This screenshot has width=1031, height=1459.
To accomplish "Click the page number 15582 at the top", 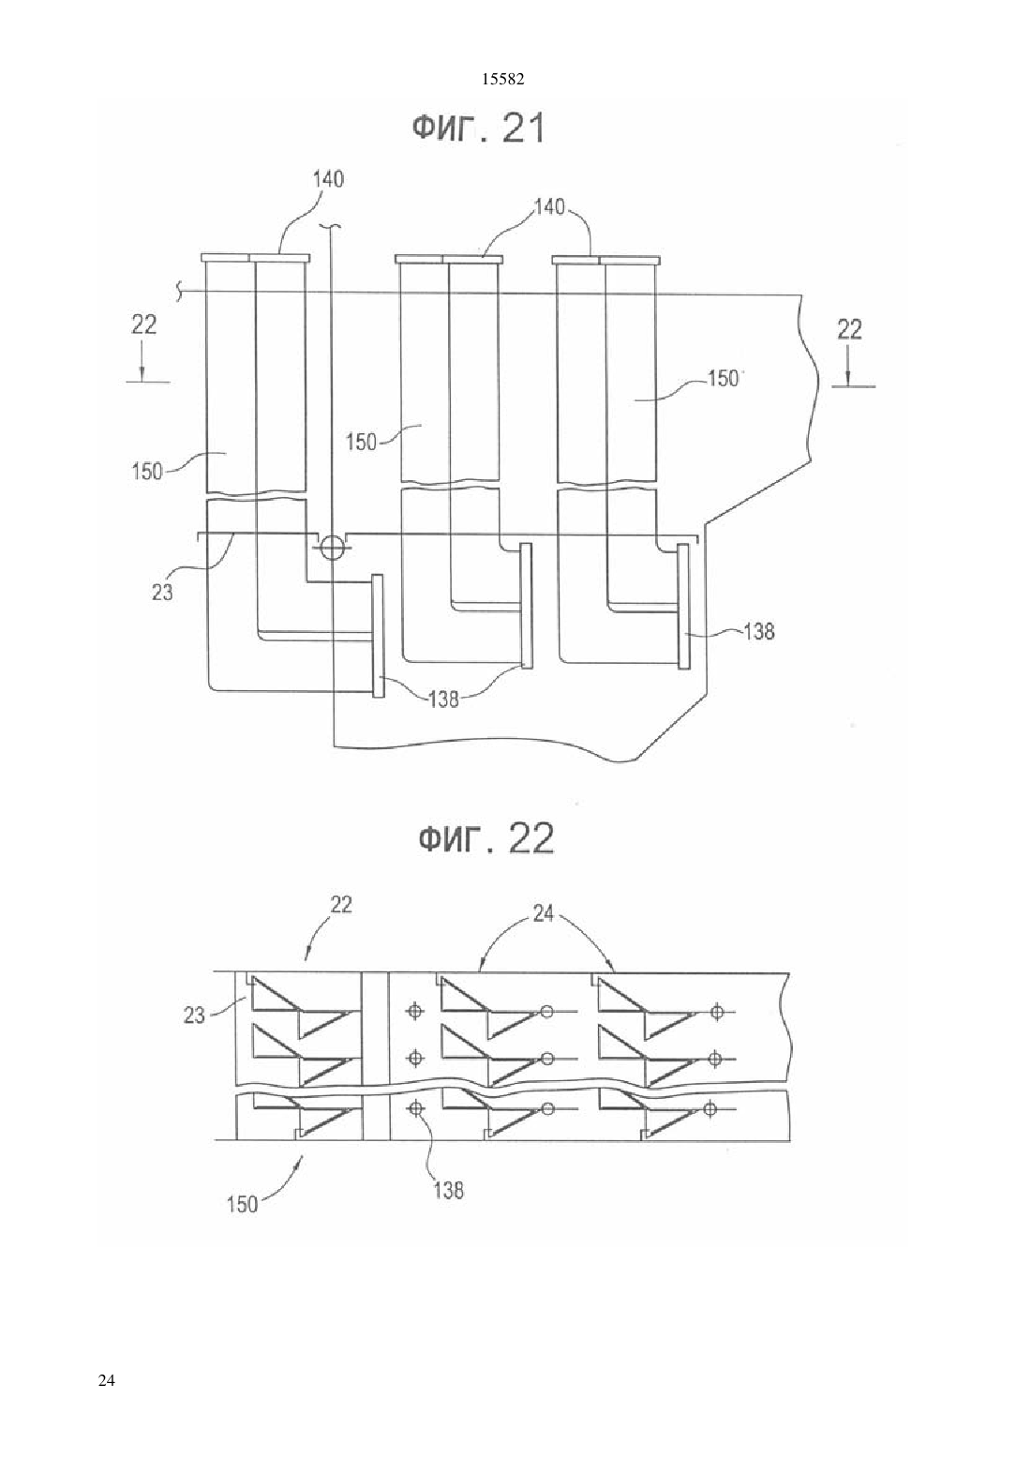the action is pos(502,80).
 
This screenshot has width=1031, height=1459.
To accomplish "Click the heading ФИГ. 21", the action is pos(479,128).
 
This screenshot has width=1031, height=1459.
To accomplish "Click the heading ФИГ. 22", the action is pos(486,838).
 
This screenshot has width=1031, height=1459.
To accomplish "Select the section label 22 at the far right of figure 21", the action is pos(849,329).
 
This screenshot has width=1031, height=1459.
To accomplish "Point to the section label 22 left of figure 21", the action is pos(143,324).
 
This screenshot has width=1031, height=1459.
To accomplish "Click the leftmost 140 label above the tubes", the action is pos(328,179).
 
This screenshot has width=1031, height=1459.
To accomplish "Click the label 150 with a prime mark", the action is pos(725,379).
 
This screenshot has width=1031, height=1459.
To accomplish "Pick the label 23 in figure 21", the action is pos(162,592).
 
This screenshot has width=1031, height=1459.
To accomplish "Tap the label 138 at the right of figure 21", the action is pos(758,631).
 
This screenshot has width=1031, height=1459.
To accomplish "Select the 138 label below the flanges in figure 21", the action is pos(443,699).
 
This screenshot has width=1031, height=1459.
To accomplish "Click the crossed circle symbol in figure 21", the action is pos(331,548).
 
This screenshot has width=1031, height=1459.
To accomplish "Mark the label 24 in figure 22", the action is pos(543,914).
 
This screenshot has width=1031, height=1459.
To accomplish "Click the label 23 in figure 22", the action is pos(194,1015).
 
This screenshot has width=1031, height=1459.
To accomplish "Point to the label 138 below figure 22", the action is pos(448,1190).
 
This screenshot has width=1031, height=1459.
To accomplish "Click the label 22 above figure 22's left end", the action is pos(340,905).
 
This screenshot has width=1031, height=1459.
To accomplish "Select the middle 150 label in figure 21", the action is pos(361,443).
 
